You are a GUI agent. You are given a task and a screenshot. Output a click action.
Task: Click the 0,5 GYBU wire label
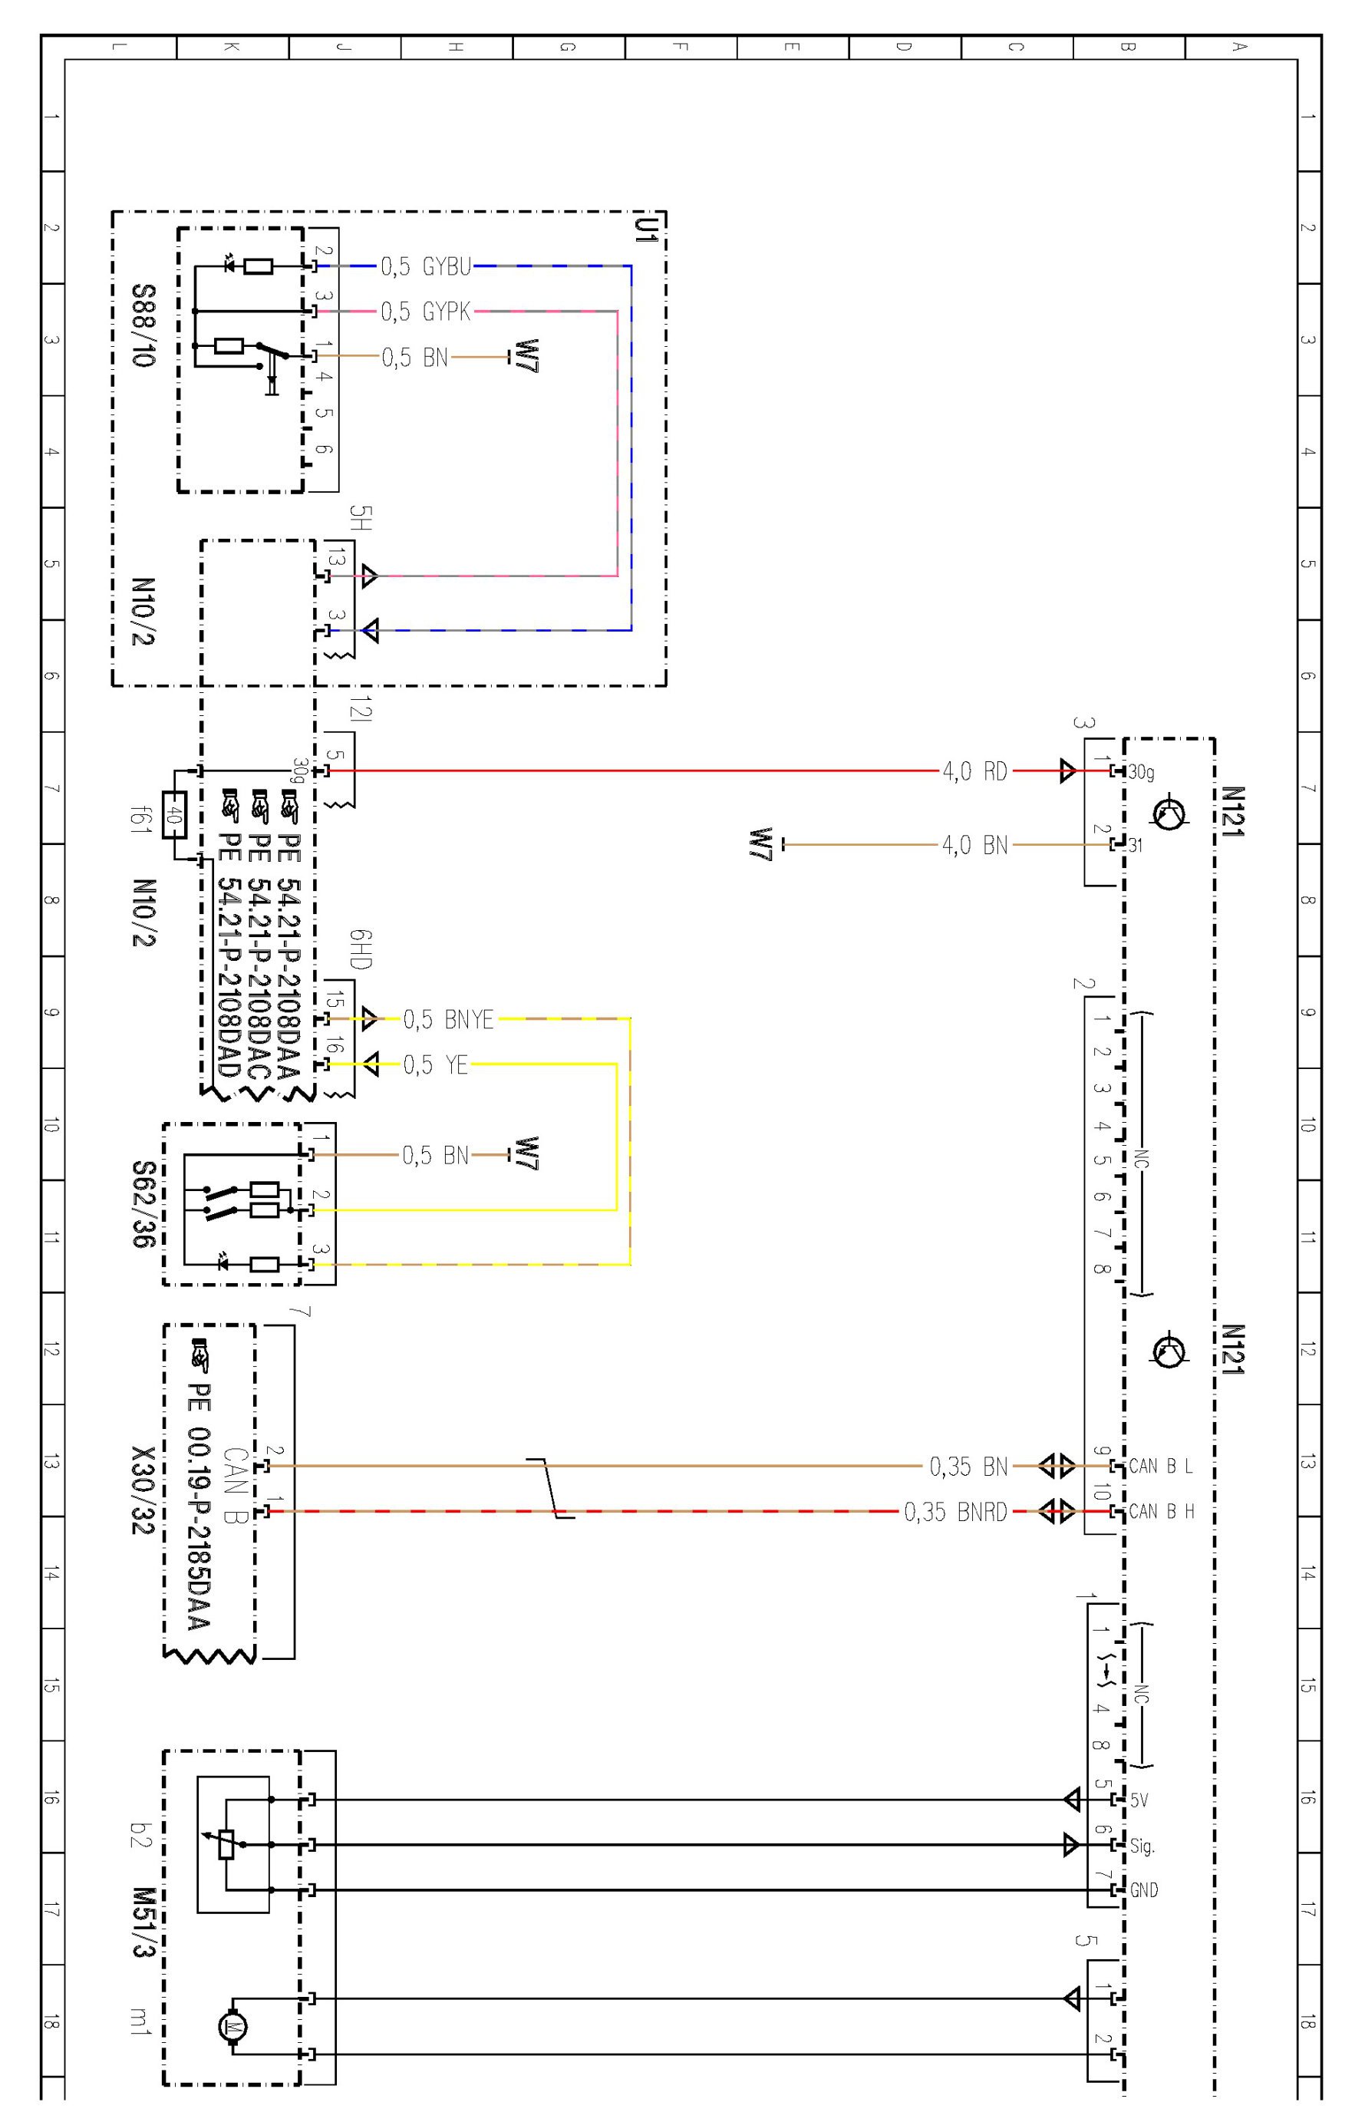(426, 266)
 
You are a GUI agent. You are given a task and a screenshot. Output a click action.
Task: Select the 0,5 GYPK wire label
(426, 312)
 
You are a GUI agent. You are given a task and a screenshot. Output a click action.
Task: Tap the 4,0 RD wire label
(974, 772)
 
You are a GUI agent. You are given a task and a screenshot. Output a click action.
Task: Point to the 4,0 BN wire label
(974, 846)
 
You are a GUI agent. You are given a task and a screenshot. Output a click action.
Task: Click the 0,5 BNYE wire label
(448, 1020)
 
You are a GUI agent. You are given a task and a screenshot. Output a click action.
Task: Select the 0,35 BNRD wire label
(954, 1512)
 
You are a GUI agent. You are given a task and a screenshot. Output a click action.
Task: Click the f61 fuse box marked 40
(175, 816)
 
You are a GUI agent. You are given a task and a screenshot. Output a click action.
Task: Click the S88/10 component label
(143, 325)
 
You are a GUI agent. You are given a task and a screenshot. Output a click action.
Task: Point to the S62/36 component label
(143, 1205)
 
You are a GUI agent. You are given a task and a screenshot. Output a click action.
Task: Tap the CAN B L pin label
(1161, 1466)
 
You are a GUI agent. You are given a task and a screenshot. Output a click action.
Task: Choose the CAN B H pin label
(1162, 1512)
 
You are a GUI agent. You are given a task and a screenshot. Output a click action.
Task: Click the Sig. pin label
(1141, 1846)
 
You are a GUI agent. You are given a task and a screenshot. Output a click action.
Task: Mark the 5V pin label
(1139, 1800)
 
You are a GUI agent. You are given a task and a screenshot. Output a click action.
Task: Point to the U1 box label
(647, 230)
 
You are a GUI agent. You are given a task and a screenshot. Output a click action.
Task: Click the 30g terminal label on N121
(1141, 772)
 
